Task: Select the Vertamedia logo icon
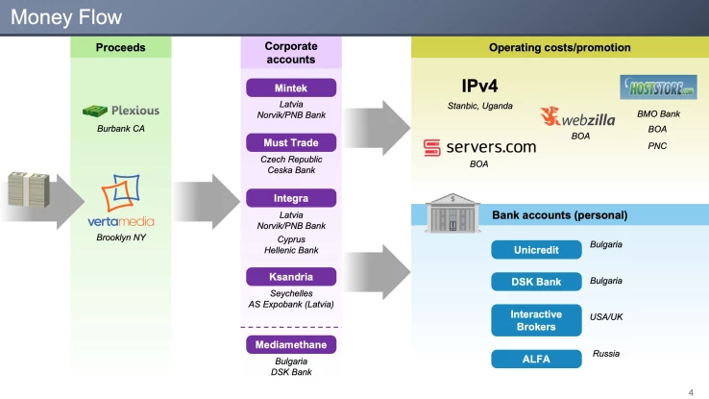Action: (120, 194)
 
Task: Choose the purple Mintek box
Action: (291, 87)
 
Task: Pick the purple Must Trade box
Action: (291, 143)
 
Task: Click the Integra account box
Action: (291, 199)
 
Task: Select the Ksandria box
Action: (291, 277)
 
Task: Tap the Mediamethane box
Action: (291, 344)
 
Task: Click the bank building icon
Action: (451, 212)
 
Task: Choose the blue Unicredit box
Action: (536, 250)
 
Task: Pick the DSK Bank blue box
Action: (536, 282)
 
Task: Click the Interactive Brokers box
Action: (536, 320)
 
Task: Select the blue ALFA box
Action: (536, 360)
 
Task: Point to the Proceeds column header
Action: (120, 48)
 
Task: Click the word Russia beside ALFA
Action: (606, 354)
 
